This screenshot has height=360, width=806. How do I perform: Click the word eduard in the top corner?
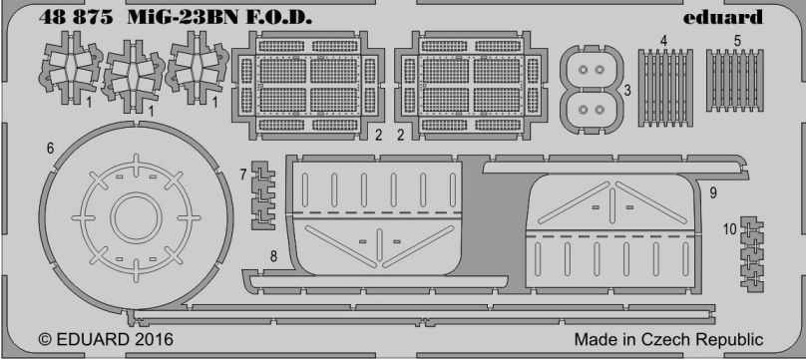[723, 18]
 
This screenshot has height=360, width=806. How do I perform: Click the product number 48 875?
[76, 18]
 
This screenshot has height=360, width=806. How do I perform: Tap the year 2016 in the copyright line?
[155, 339]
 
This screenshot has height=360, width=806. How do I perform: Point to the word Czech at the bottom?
[669, 339]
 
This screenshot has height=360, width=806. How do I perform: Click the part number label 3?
[627, 91]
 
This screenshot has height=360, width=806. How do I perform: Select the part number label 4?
[664, 41]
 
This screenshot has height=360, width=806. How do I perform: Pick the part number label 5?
[737, 41]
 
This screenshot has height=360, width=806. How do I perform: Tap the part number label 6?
[50, 148]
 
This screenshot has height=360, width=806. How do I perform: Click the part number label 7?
[243, 175]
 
